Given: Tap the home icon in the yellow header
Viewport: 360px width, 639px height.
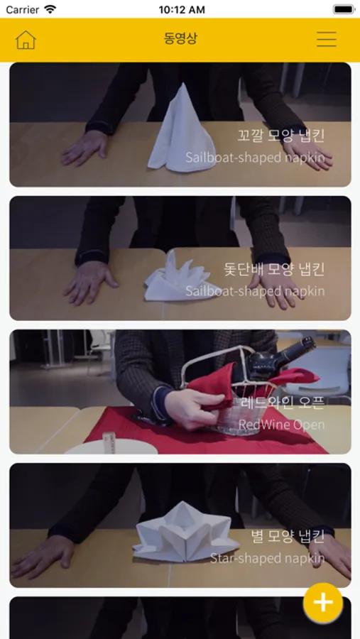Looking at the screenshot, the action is click(x=26, y=40).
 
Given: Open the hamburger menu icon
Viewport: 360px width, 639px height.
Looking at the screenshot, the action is click(x=326, y=39).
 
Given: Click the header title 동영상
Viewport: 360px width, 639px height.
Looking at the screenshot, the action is click(x=180, y=39).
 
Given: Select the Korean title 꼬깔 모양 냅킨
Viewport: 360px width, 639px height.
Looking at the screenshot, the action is click(x=281, y=136).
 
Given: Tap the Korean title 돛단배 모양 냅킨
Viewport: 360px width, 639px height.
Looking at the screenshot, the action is click(x=274, y=269).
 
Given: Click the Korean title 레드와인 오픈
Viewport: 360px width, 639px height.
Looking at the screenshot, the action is click(x=282, y=403).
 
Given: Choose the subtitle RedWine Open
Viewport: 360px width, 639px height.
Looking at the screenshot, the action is click(x=281, y=425).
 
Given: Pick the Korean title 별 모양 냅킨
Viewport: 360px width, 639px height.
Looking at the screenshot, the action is click(x=288, y=537).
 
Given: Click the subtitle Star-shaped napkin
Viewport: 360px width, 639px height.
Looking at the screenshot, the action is click(x=268, y=558).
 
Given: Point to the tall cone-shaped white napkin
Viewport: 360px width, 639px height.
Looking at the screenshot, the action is click(x=181, y=131).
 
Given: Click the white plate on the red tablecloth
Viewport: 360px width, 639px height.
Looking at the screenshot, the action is click(x=111, y=447).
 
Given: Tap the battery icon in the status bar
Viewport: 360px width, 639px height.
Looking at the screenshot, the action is click(x=343, y=9).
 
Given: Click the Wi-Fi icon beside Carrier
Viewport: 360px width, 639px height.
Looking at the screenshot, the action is click(x=50, y=9).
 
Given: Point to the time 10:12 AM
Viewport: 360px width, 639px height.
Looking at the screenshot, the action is click(x=182, y=9).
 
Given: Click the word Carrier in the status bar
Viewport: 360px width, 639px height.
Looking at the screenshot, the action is click(x=23, y=9).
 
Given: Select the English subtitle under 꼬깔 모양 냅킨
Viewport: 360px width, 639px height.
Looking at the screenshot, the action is click(x=255, y=157).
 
